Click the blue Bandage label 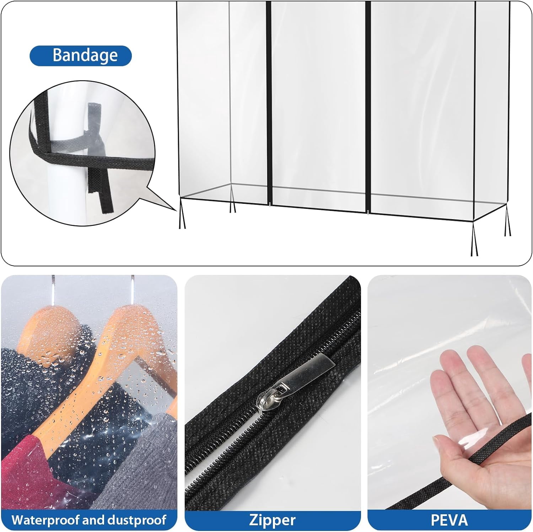tap(81, 56)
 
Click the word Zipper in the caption tap(272, 520)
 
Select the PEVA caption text tap(449, 520)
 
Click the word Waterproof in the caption tap(45, 520)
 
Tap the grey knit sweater tap(142, 465)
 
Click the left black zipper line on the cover tap(269, 103)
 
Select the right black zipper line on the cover tap(368, 107)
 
